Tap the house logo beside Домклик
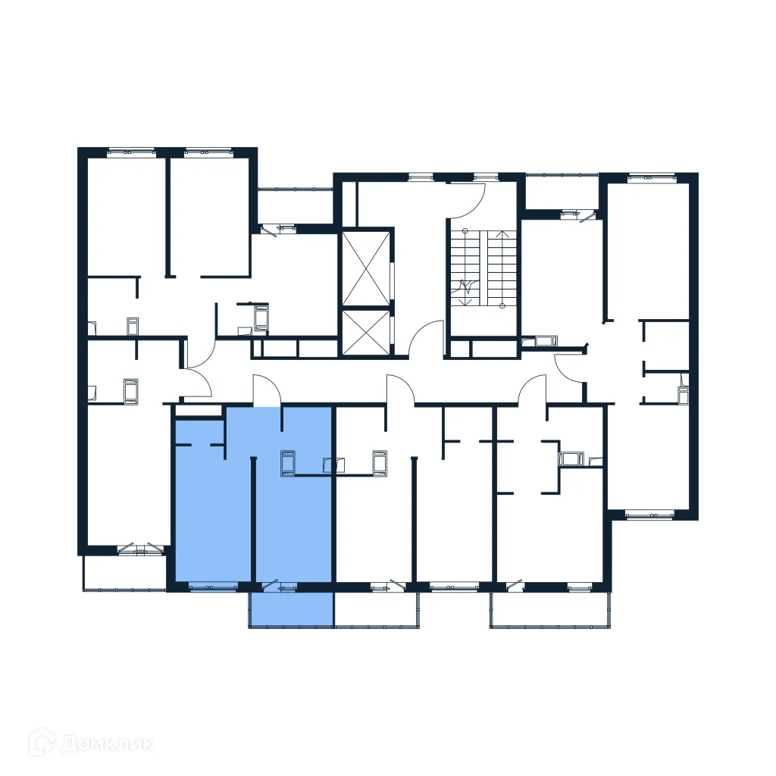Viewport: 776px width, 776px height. tap(42, 742)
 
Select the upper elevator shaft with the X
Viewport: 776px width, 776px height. tap(365, 268)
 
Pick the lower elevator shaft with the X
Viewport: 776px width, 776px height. tap(365, 333)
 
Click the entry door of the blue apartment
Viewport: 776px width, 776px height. tap(267, 391)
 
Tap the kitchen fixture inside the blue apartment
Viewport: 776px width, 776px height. tap(288, 464)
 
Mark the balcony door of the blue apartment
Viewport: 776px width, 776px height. tap(277, 585)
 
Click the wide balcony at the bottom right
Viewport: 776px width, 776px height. tap(551, 609)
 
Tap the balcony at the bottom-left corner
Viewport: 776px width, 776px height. tap(124, 571)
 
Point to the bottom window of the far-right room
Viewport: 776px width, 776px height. tap(650, 515)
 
